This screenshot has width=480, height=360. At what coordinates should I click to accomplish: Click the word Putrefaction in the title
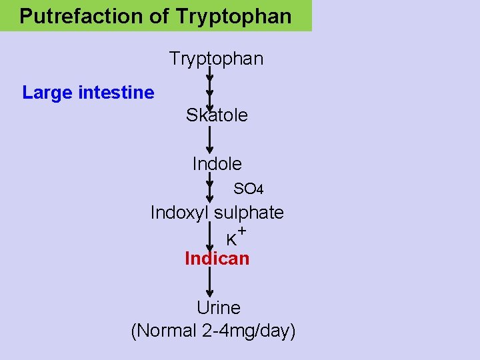[x=75, y=16]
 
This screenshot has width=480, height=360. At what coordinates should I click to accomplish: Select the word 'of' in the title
[x=159, y=16]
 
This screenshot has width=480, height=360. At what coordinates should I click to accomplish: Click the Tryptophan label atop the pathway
[x=217, y=59]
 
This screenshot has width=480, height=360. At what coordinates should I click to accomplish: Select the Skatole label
[x=217, y=115]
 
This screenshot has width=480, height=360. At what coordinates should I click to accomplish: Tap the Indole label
[x=217, y=163]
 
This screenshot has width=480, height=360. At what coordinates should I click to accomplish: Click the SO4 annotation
[x=248, y=189]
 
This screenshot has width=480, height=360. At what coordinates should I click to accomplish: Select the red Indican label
[x=217, y=259]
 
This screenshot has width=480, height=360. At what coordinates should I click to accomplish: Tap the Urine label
[x=218, y=308]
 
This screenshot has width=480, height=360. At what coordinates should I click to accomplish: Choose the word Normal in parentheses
[x=167, y=331]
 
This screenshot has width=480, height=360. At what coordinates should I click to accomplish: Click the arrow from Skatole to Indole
[x=210, y=140]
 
